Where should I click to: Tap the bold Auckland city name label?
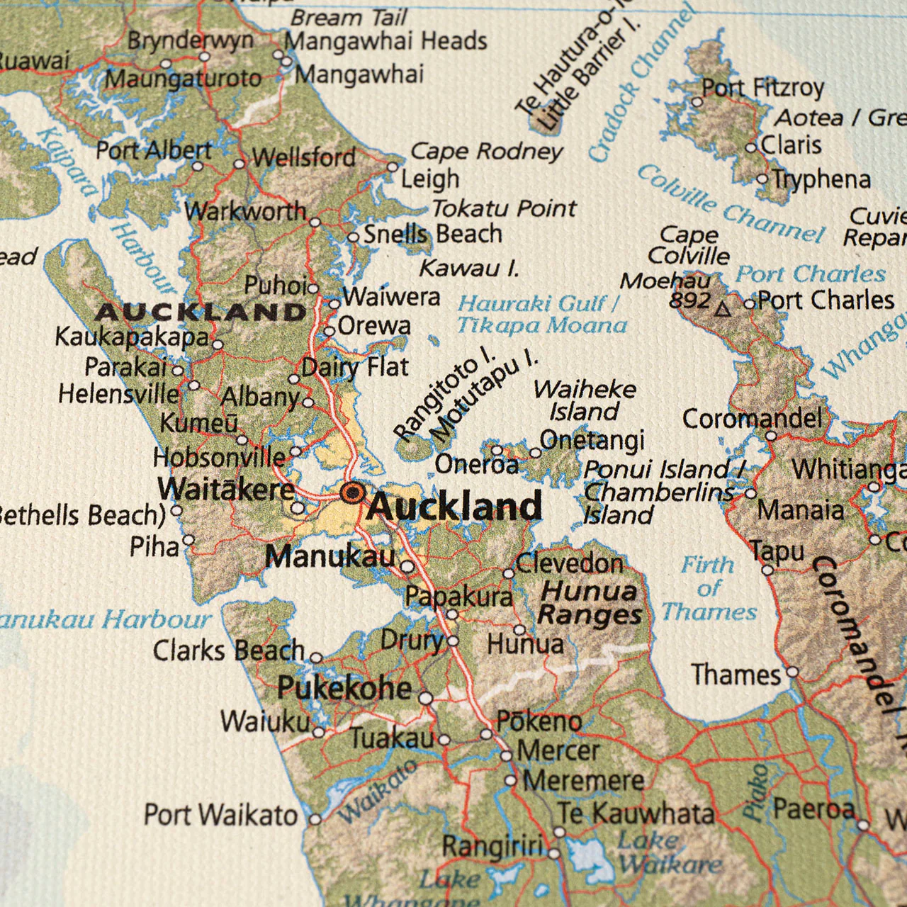tap(454, 507)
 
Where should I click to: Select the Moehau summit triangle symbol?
tap(722, 309)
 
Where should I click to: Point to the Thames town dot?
tap(793, 672)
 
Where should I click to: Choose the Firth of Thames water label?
tap(709, 589)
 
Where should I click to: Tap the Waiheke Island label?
tap(585, 400)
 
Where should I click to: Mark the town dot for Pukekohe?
tap(425, 698)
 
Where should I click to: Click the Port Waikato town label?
tap(220, 815)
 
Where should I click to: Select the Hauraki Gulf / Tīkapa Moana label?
tap(542, 314)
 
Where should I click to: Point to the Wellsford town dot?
tap(240, 164)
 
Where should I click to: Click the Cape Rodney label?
tap(486, 151)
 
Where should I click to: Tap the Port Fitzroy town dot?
tap(697, 102)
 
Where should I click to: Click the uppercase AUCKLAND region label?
tap(201, 312)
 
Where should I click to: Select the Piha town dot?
tap(188, 540)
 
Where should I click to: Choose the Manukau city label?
tap(329, 557)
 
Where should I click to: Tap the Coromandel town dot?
tap(771, 436)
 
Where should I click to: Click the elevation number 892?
tap(689, 300)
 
